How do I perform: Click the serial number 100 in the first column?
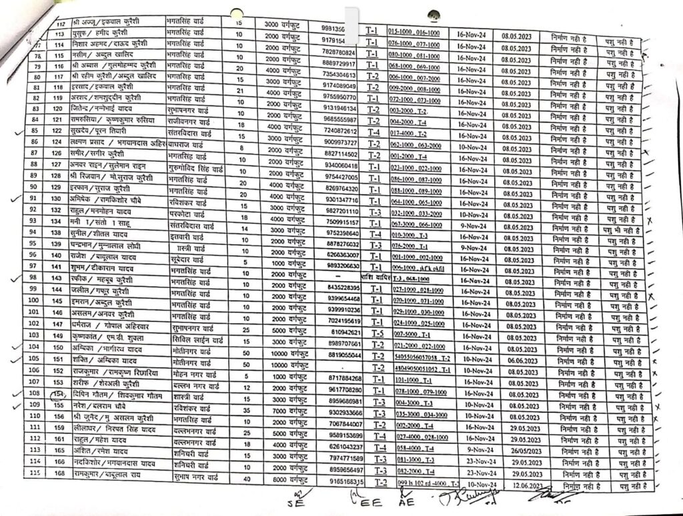pos(35,300)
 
